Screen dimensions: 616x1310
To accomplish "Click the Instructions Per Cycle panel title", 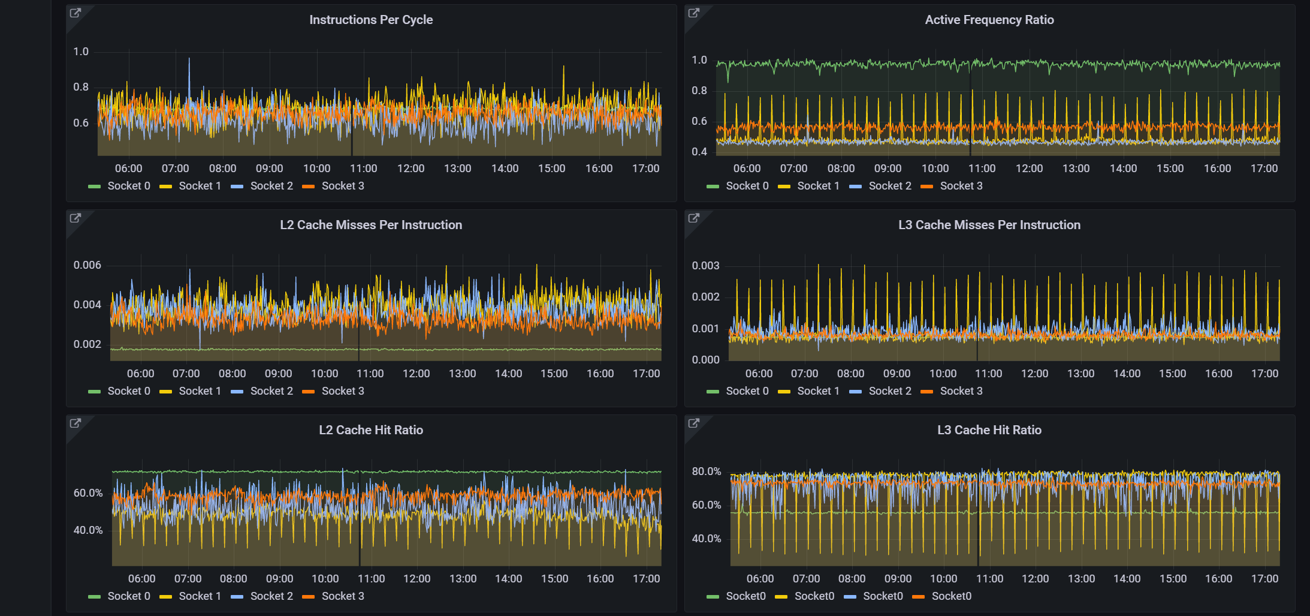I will pos(371,20).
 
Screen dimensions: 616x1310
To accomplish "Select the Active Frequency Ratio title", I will pos(989,20).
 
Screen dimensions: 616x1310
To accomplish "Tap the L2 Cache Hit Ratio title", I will pos(371,430).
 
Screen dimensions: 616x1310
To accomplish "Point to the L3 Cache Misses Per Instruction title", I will pos(989,225).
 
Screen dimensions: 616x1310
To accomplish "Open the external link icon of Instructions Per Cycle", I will pos(76,13).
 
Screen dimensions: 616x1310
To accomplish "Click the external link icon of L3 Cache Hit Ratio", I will pos(694,423).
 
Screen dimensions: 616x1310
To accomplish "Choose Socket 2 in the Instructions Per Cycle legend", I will pos(271,186).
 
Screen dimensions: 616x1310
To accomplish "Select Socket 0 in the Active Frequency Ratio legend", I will pos(747,186).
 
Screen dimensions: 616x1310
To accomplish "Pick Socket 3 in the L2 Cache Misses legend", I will pos(342,391).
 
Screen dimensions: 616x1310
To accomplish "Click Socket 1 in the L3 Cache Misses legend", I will pos(818,391).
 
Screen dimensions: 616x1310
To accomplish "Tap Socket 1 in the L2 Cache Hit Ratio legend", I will pos(200,596).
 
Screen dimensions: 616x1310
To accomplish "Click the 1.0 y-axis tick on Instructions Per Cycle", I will pos(81,52).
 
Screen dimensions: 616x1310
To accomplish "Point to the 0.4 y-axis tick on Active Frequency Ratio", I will pos(699,152).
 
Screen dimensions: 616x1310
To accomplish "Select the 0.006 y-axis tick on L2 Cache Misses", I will pos(87,265).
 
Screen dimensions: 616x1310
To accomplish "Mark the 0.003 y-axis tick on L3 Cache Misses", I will pos(705,266).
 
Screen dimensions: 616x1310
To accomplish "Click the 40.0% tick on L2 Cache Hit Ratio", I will pos(88,530).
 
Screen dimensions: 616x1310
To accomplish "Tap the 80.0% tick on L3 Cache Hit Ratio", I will pos(707,471).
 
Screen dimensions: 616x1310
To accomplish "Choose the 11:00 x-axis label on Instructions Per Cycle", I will pos(364,169).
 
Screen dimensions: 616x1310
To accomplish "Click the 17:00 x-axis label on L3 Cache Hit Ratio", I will pos(1264,579).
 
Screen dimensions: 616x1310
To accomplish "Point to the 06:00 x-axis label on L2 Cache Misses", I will pos(141,374).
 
